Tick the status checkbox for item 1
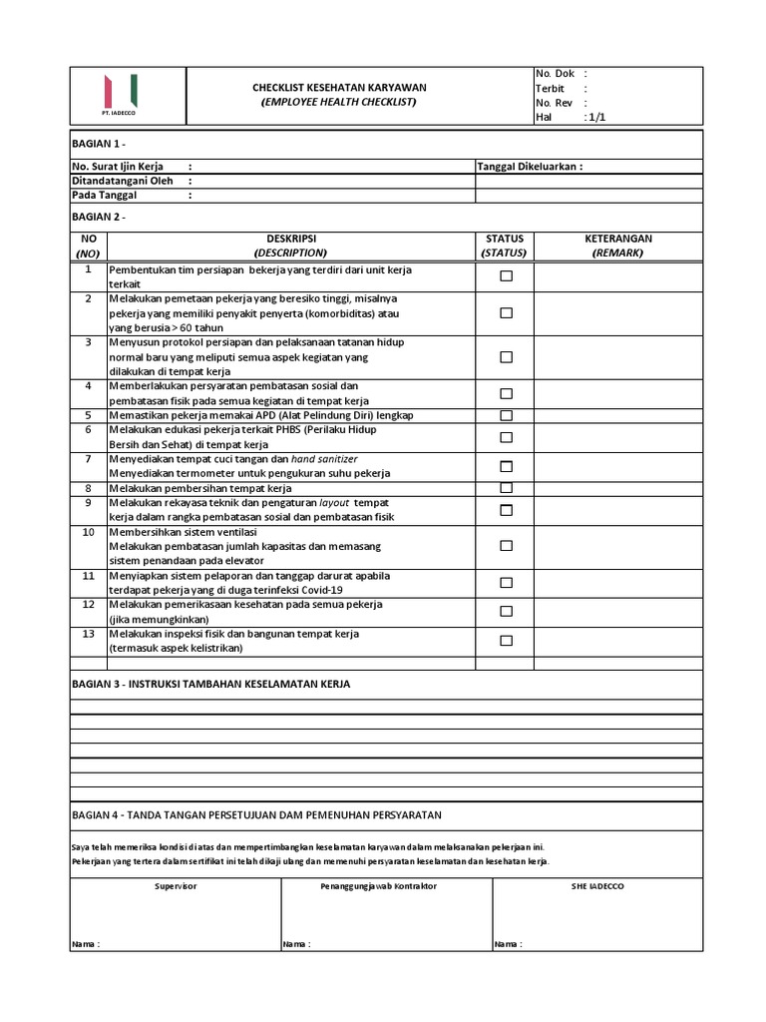pos(506,276)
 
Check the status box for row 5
pos(506,415)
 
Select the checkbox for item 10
pos(506,546)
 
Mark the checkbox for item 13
pos(506,641)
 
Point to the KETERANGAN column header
pos(618,239)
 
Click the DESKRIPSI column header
pos(290,239)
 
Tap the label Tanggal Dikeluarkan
pos(530,166)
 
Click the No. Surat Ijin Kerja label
pos(118,166)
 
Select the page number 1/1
pos(597,117)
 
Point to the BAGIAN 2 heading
pos(99,217)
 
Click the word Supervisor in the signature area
pos(176,886)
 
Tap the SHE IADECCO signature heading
pos(597,886)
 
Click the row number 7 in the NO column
pos(88,459)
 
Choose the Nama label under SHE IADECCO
pos(507,944)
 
